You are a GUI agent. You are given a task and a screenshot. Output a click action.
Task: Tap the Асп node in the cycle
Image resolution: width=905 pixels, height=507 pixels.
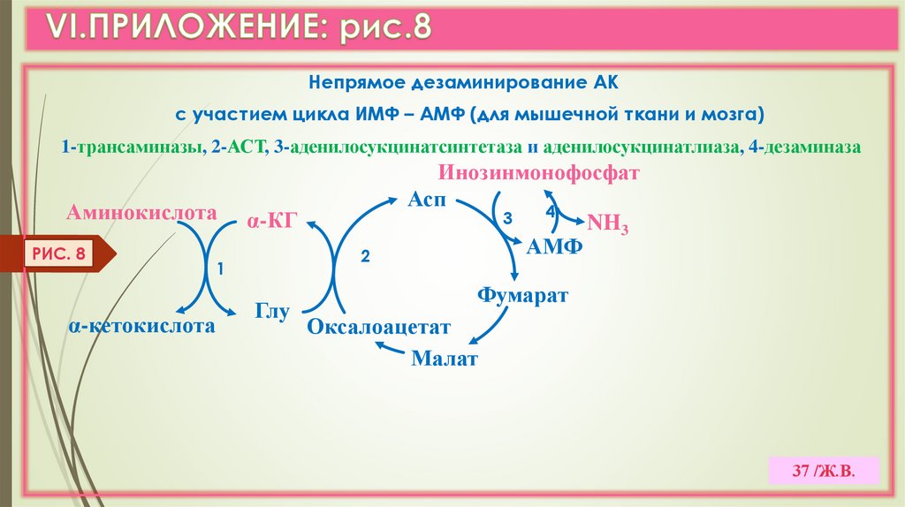[426, 201]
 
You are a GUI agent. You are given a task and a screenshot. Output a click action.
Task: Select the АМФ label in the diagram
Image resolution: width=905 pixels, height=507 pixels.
[555, 246]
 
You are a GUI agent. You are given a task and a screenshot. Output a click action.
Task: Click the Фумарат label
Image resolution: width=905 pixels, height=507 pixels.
[522, 294]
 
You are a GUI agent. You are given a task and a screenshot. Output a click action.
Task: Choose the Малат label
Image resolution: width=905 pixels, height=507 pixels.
[445, 359]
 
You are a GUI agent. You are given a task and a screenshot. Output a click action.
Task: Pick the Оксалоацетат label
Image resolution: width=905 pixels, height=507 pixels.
[379, 327]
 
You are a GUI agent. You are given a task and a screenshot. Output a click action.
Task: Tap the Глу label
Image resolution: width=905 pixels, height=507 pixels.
[273, 311]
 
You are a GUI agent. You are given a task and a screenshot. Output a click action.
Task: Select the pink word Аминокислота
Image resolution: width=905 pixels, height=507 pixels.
[141, 213]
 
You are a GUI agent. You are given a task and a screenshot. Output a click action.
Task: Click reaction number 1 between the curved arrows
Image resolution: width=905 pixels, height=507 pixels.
[221, 267]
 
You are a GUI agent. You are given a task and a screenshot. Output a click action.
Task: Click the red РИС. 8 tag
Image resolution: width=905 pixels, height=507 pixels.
[59, 255]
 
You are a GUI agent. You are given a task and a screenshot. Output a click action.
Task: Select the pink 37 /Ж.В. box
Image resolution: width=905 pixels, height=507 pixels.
[824, 470]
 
